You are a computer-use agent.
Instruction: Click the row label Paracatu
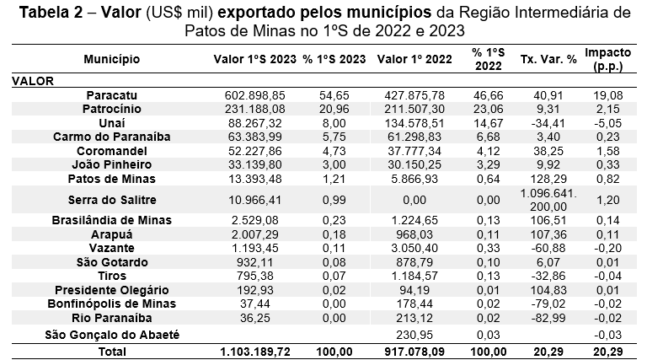tap(112, 96)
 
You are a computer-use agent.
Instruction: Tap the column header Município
tap(112, 59)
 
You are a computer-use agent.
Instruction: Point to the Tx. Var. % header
tap(548, 59)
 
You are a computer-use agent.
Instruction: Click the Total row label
tap(112, 349)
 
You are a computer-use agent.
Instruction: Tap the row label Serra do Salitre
tap(112, 200)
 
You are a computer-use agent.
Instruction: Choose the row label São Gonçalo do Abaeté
tap(112, 335)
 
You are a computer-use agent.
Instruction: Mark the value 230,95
tap(420, 335)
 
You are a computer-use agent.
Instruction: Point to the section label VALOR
tap(33, 81)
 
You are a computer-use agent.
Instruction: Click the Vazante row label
tap(112, 247)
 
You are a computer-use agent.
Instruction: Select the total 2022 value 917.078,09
tap(410, 349)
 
